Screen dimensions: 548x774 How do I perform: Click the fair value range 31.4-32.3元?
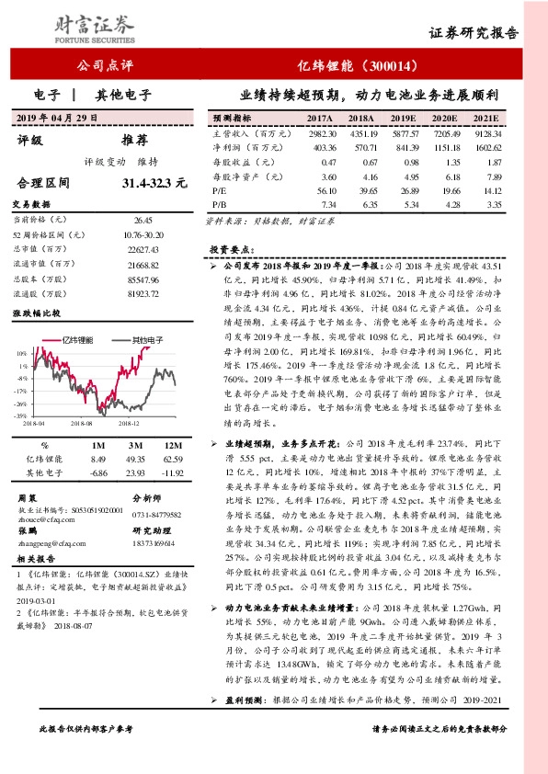160,184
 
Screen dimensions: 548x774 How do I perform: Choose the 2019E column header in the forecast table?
403,120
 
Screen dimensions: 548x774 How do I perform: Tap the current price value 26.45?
143,221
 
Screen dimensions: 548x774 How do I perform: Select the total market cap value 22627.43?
142,249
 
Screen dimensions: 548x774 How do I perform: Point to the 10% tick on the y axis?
21,352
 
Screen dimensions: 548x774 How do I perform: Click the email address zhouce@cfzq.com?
48,517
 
